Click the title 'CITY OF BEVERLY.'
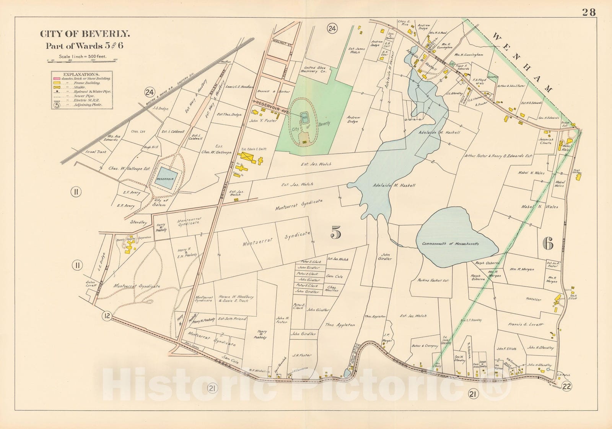click(85, 34)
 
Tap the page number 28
click(589, 12)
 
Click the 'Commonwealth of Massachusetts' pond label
click(450, 244)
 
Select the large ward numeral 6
click(548, 243)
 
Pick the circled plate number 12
click(107, 316)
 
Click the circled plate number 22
click(567, 386)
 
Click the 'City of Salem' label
click(159, 202)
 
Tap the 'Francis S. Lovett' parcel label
click(526, 324)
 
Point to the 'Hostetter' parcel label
click(533, 299)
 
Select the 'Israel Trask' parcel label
click(96, 152)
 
